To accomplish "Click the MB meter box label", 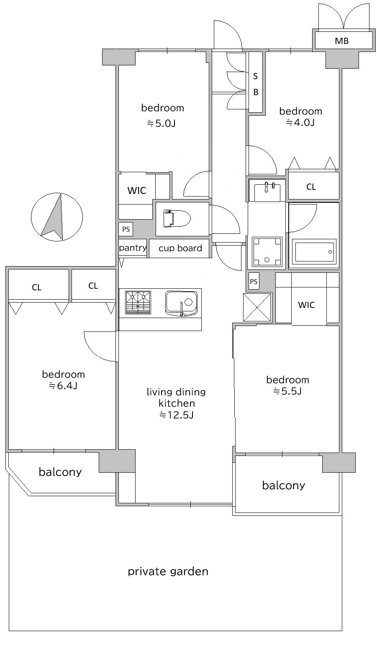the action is point(341,41).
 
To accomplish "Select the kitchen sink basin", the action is point(181,303).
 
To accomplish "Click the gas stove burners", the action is point(138,302).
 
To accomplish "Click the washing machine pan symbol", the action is point(267,252).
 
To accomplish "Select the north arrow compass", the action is point(57,217).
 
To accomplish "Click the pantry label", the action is point(133,248).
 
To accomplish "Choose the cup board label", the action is point(180,248).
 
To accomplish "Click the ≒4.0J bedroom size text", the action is point(300,122).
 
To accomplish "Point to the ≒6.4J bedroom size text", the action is point(63,386).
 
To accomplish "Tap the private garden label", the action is point(168,571).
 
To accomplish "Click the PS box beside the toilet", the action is point(126,229).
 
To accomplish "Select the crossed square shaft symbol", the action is point(257,307).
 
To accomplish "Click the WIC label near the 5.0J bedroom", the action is point(137,191).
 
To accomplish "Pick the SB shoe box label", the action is point(256,84).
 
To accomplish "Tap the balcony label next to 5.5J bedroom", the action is point(284,485).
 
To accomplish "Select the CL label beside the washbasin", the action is point(311,187).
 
